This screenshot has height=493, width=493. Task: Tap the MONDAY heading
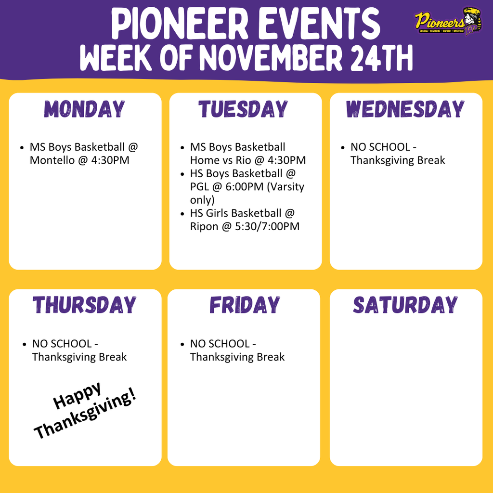pyautogui.click(x=85, y=109)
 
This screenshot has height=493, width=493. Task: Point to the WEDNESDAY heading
pyautogui.click(x=405, y=109)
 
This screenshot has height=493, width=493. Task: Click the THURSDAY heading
pyautogui.click(x=85, y=305)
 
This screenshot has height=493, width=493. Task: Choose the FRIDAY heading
pyautogui.click(x=244, y=305)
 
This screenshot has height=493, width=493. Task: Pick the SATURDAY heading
pyautogui.click(x=405, y=305)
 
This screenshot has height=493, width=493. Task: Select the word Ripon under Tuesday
pyautogui.click(x=204, y=226)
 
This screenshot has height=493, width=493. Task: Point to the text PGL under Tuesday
pyautogui.click(x=200, y=186)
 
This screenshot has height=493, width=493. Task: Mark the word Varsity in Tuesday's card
pyautogui.click(x=285, y=186)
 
